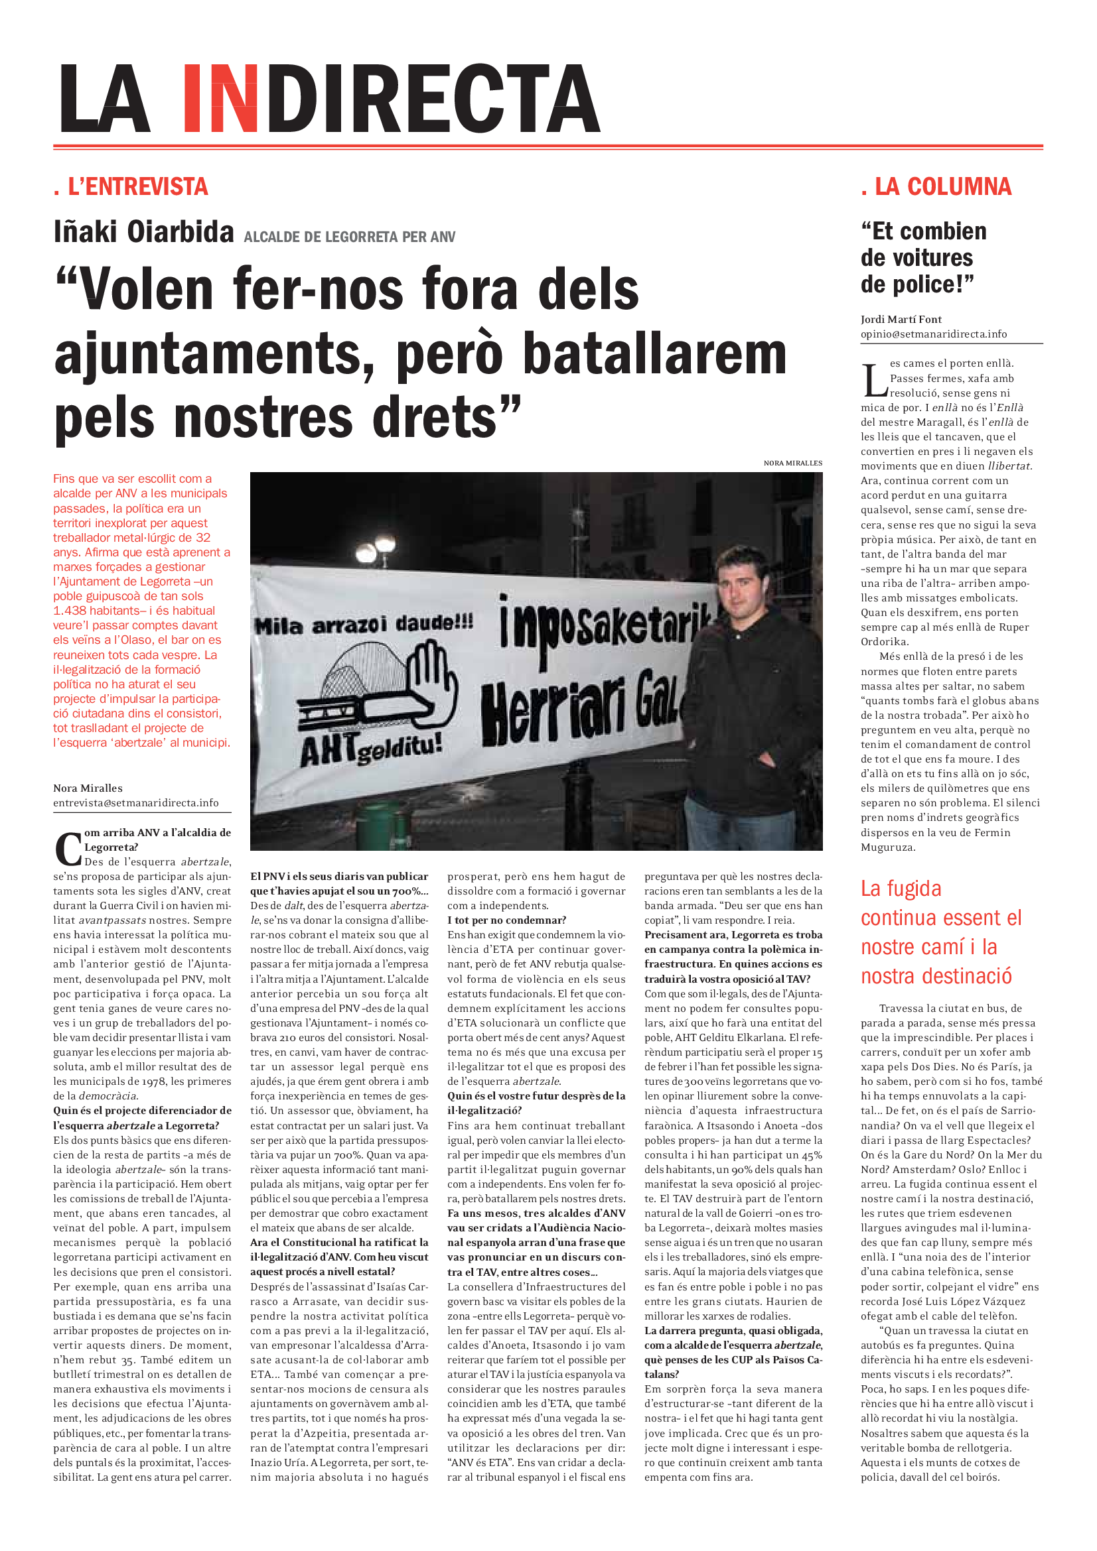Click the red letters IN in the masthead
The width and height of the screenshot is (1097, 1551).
pos(220,99)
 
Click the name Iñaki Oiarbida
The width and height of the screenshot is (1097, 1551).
pos(144,231)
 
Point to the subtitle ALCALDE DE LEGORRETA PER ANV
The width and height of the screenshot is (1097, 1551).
pos(350,237)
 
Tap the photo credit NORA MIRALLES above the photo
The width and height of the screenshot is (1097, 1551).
pos(792,464)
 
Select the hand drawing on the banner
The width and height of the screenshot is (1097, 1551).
pos(425,682)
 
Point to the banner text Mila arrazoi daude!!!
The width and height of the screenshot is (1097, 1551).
pos(364,625)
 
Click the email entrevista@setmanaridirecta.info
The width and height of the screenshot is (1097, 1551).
pos(136,803)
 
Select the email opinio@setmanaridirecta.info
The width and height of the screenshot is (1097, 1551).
pos(934,334)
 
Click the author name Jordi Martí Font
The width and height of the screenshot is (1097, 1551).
pos(901,320)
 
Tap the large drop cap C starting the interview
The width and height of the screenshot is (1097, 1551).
pos(68,849)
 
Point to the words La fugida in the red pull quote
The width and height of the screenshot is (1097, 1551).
pos(901,889)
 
